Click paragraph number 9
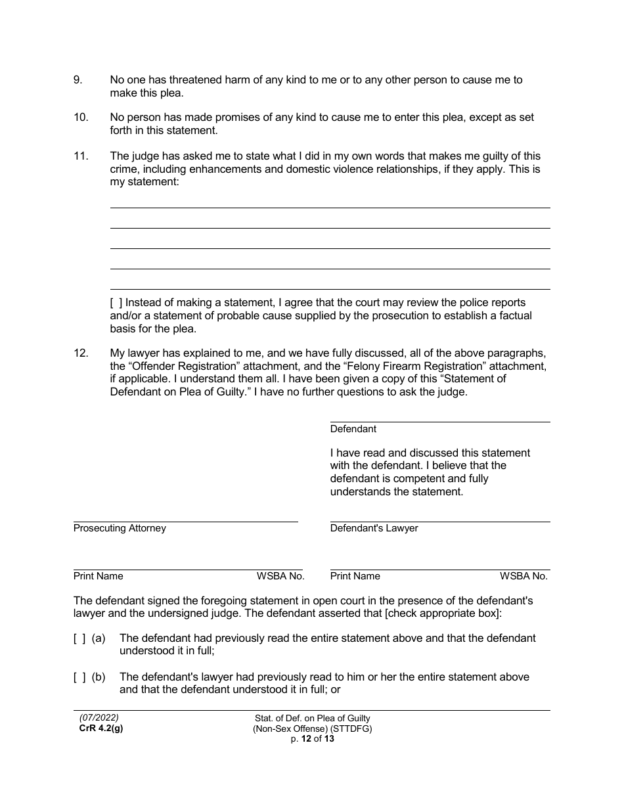pos(78,80)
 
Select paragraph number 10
pos(80,118)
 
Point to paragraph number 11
pos(80,156)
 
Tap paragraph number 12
pos(80,353)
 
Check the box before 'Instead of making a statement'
pos(116,303)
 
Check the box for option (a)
pos(79,639)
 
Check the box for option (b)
pos(79,677)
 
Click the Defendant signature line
pos(439,420)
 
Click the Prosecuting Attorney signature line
pos(185,520)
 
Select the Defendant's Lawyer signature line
pos(439,520)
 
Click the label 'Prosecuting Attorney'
pos(120,529)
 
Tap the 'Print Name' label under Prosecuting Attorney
pos(98,576)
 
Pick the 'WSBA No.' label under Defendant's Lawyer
pos(523,576)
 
